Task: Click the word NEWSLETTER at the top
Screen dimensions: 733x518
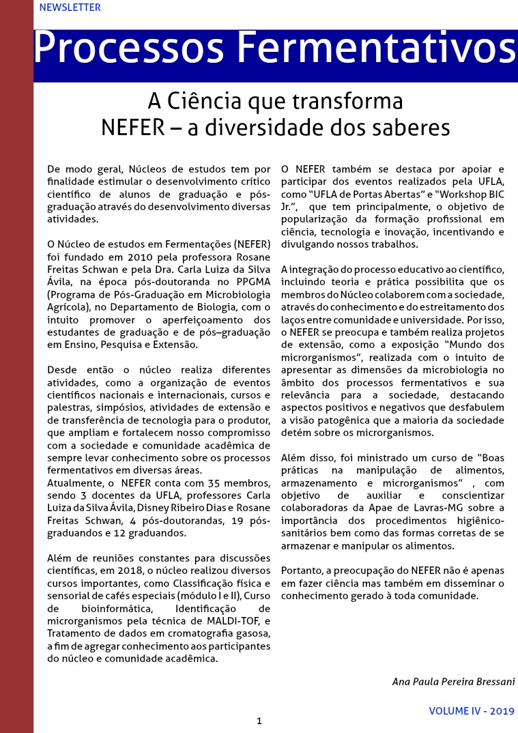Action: [70, 8]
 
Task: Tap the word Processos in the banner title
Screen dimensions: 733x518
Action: [130, 50]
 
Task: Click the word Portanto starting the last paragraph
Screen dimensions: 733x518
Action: [304, 571]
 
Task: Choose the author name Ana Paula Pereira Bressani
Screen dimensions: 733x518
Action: [453, 682]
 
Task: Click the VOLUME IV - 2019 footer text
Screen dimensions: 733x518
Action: [471, 711]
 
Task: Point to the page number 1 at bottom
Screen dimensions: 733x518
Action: [259, 721]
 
